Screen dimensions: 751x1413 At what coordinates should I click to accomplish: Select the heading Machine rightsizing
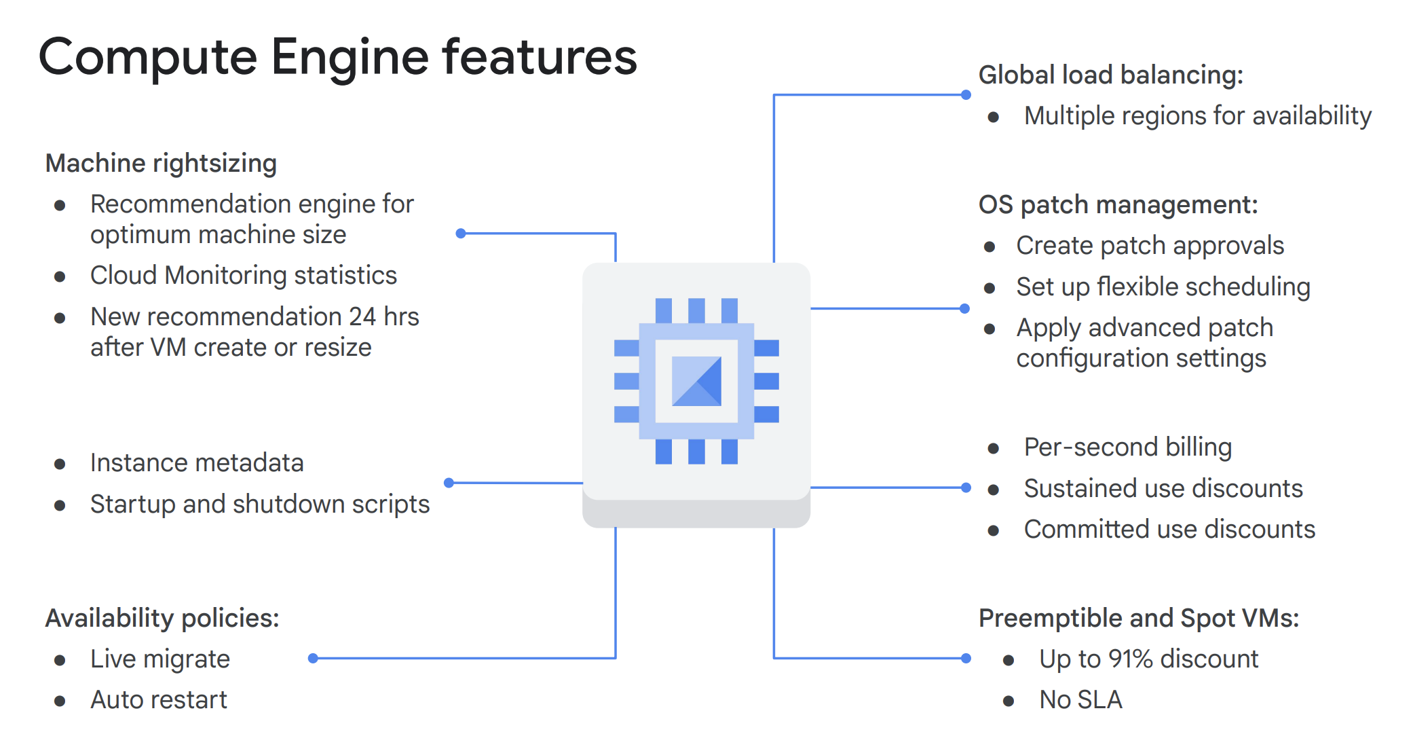[x=161, y=164]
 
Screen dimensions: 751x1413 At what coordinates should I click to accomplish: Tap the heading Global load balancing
[x=1110, y=75]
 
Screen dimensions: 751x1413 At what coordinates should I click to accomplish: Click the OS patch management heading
[x=1118, y=204]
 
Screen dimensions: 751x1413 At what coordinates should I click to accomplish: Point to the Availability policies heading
[x=162, y=618]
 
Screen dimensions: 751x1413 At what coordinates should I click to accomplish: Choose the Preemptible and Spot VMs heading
[x=1138, y=618]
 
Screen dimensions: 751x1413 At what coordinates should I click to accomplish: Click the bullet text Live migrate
[x=160, y=659]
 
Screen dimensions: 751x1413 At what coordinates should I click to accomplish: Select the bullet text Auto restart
[x=159, y=699]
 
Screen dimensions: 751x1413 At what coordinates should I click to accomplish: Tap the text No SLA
[x=1080, y=699]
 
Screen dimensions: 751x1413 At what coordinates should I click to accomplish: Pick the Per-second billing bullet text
[x=1127, y=447]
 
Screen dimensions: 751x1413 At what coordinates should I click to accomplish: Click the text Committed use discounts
[x=1169, y=529]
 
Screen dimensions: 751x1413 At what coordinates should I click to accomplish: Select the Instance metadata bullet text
[x=197, y=462]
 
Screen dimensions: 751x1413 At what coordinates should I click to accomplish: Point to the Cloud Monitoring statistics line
[x=243, y=275]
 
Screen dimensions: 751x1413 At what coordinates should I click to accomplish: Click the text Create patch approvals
[x=1150, y=245]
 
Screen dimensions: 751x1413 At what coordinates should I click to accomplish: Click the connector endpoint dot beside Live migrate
[x=313, y=658]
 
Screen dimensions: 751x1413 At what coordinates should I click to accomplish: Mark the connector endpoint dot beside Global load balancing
[x=966, y=95]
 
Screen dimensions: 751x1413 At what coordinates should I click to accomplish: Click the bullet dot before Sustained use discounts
[x=994, y=490]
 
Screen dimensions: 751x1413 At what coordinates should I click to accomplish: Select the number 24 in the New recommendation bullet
[x=362, y=316]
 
